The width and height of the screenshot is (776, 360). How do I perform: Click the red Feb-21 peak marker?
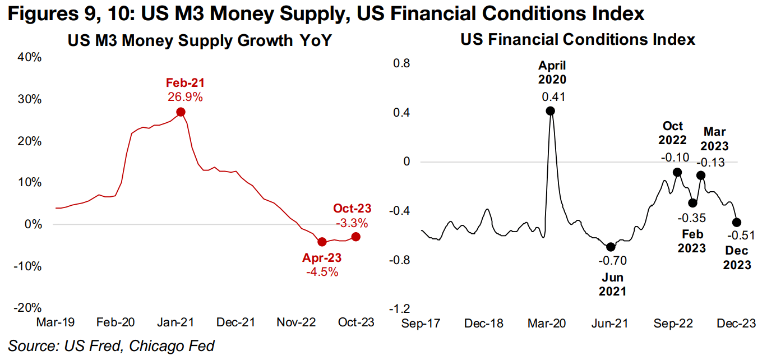point(181,112)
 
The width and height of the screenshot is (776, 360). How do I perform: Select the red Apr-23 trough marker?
point(322,242)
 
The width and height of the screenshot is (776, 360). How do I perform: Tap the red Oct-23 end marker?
point(355,237)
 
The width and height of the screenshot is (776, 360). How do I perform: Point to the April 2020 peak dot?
point(551,111)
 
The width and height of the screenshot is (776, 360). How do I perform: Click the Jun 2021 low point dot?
point(611,247)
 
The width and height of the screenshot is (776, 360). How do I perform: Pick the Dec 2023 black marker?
point(737,222)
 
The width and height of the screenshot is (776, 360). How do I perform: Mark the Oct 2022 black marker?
point(677,172)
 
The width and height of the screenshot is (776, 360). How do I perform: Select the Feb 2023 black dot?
point(693,203)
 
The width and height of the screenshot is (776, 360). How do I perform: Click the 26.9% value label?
point(185,97)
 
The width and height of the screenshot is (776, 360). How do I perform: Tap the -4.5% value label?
point(322,272)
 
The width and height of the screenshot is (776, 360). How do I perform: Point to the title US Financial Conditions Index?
point(578,40)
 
